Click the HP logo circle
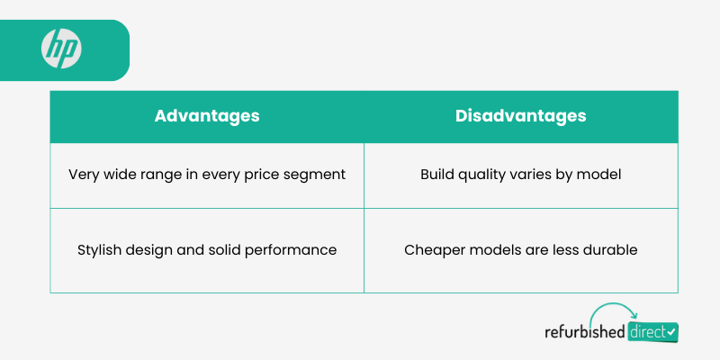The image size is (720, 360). point(61,49)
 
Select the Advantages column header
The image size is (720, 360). point(207,116)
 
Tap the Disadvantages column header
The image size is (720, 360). point(521,116)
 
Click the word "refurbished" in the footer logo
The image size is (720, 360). point(585,331)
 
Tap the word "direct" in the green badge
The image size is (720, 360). point(647,331)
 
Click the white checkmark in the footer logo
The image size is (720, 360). point(670,331)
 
